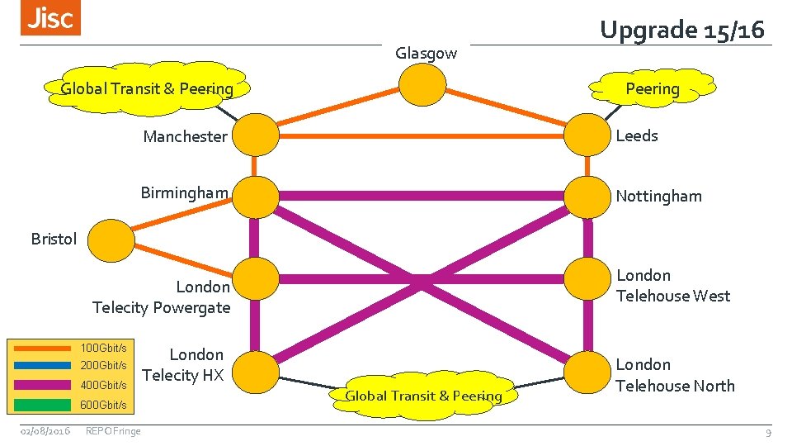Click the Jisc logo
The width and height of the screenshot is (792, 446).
click(51, 19)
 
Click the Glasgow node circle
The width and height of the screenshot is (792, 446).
click(422, 84)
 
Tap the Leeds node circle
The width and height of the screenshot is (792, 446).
click(587, 134)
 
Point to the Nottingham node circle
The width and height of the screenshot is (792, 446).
click(587, 196)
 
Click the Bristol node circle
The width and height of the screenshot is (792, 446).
click(111, 240)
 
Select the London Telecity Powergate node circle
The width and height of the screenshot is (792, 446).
click(256, 281)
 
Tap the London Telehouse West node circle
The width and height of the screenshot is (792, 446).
click(587, 281)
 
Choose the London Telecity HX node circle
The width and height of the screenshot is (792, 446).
click(256, 371)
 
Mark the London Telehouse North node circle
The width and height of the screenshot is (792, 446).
click(587, 371)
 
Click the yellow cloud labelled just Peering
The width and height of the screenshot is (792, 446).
click(652, 88)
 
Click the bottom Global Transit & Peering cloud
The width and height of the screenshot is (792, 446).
click(423, 396)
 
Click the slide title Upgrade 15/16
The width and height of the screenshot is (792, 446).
click(682, 30)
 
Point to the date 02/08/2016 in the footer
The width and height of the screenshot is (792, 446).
click(45, 430)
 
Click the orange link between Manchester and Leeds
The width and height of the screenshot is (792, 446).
click(421, 135)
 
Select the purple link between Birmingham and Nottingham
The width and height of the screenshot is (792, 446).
click(421, 196)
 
